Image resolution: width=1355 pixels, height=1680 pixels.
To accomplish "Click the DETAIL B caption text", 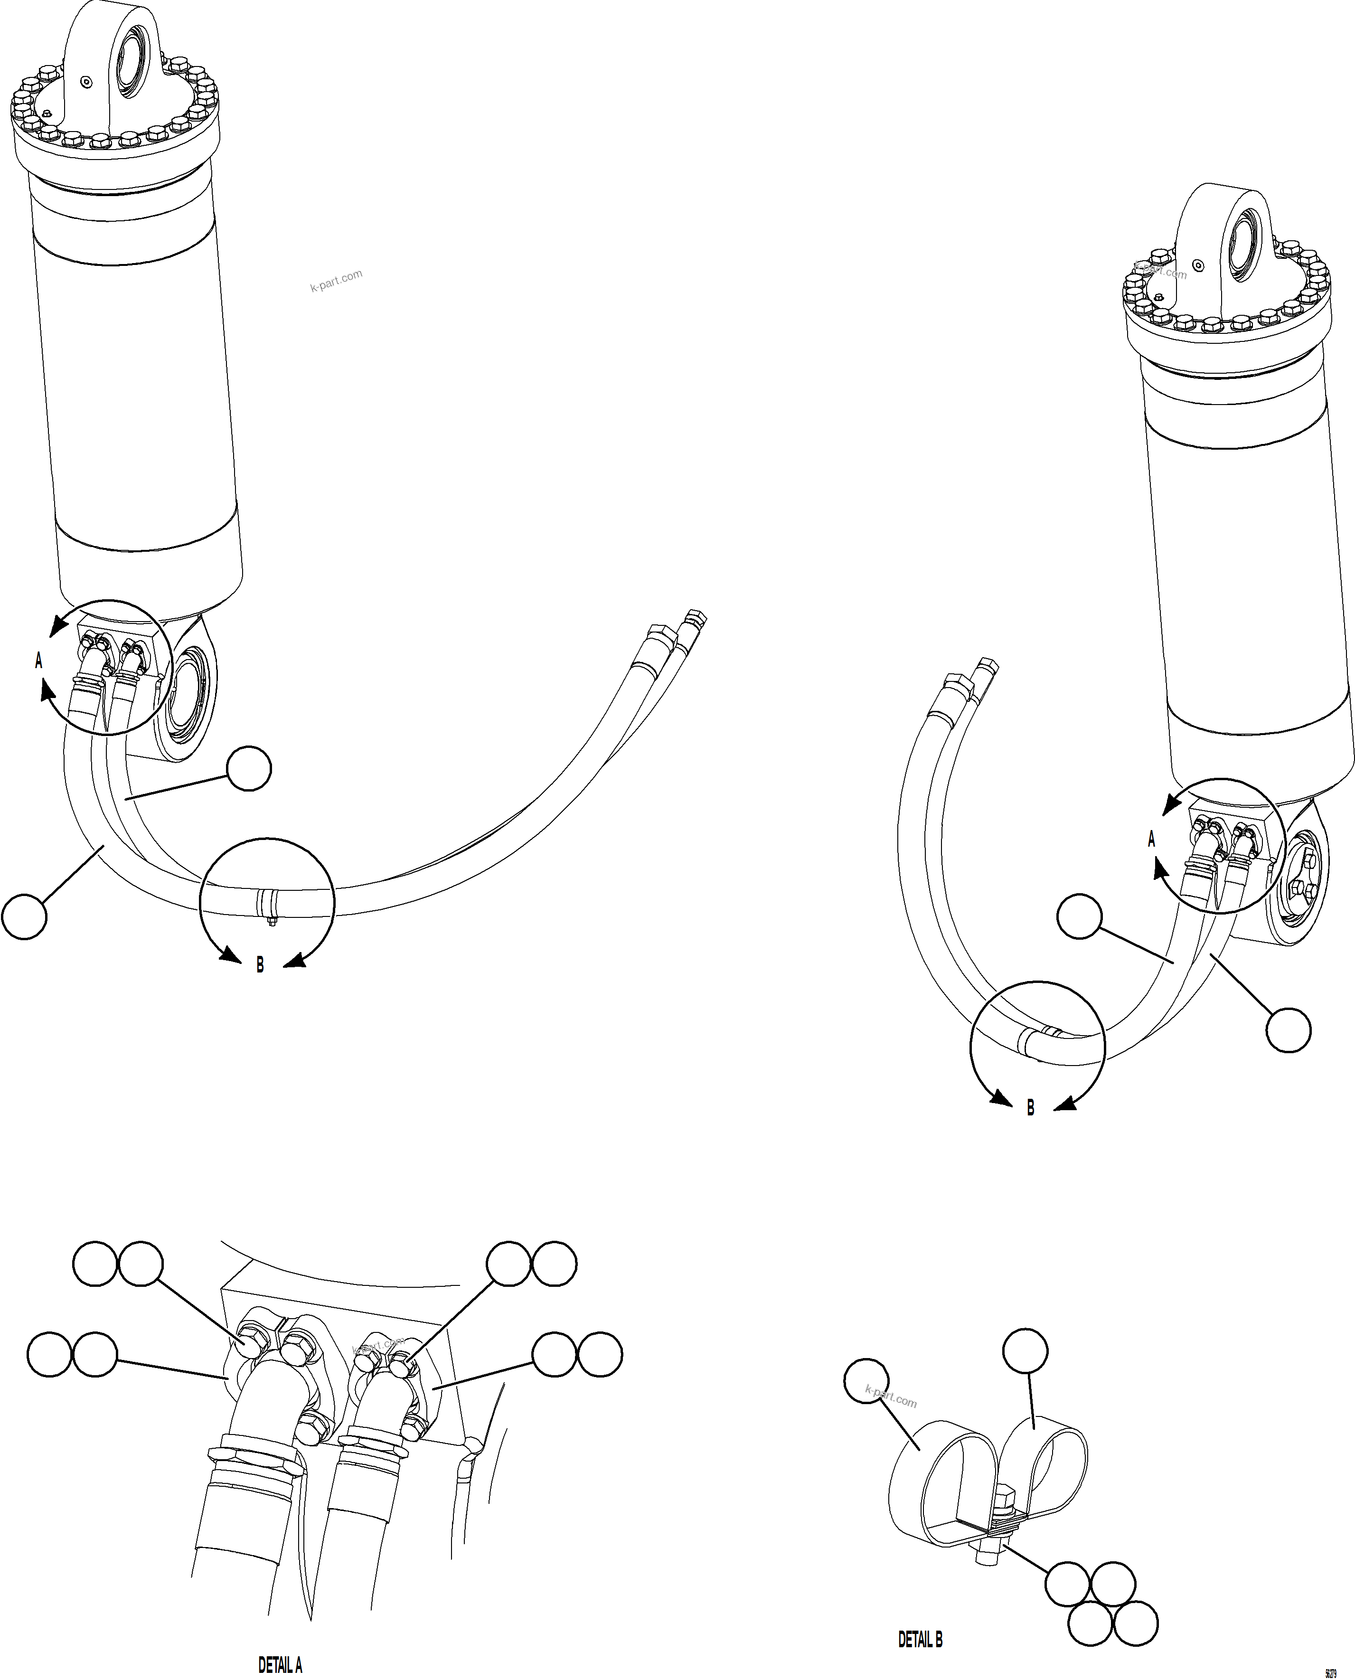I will [x=920, y=1640].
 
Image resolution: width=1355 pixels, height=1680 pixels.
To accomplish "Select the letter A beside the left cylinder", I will [x=38, y=661].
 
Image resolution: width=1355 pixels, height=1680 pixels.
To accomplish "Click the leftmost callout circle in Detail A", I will [x=49, y=1354].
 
